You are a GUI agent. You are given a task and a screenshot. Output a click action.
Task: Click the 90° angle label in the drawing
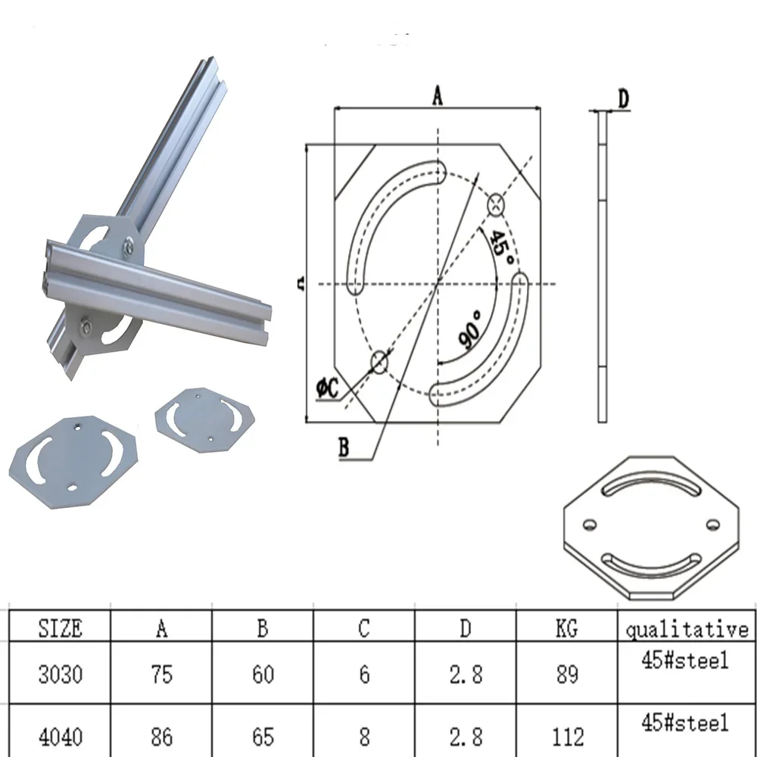coord(470,330)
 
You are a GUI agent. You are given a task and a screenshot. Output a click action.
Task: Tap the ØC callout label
coord(328,388)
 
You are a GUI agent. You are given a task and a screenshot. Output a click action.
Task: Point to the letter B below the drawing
coord(344,447)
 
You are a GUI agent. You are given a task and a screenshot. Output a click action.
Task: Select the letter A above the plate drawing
coord(437,95)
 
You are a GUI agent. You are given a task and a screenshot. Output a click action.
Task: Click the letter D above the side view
coord(624,98)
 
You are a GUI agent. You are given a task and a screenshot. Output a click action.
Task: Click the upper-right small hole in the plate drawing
coord(496,204)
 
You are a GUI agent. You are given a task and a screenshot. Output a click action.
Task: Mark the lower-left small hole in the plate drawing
coord(379,362)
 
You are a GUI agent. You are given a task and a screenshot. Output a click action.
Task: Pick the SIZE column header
coord(61,628)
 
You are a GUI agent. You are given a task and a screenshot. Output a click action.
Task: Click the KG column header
coord(566,628)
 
